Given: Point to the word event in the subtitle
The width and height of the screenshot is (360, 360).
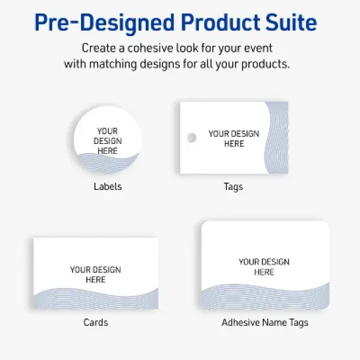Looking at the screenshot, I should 261,48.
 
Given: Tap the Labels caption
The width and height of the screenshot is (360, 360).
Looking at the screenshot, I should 107,187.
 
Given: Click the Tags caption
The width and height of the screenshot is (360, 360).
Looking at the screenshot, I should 233,187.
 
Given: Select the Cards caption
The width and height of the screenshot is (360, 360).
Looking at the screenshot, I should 96,322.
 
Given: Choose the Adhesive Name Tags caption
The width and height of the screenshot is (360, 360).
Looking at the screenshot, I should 264,322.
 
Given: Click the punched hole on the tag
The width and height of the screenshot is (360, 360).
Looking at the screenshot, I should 191,138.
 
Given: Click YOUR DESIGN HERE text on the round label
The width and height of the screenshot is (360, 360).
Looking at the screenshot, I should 107,141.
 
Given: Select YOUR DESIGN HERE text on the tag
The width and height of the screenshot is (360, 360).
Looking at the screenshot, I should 234,139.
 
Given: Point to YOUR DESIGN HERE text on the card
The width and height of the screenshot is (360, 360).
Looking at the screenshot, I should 96,274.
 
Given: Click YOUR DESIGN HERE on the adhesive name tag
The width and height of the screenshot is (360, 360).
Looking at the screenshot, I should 264,266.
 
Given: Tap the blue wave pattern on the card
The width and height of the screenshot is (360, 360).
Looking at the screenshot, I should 96,298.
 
